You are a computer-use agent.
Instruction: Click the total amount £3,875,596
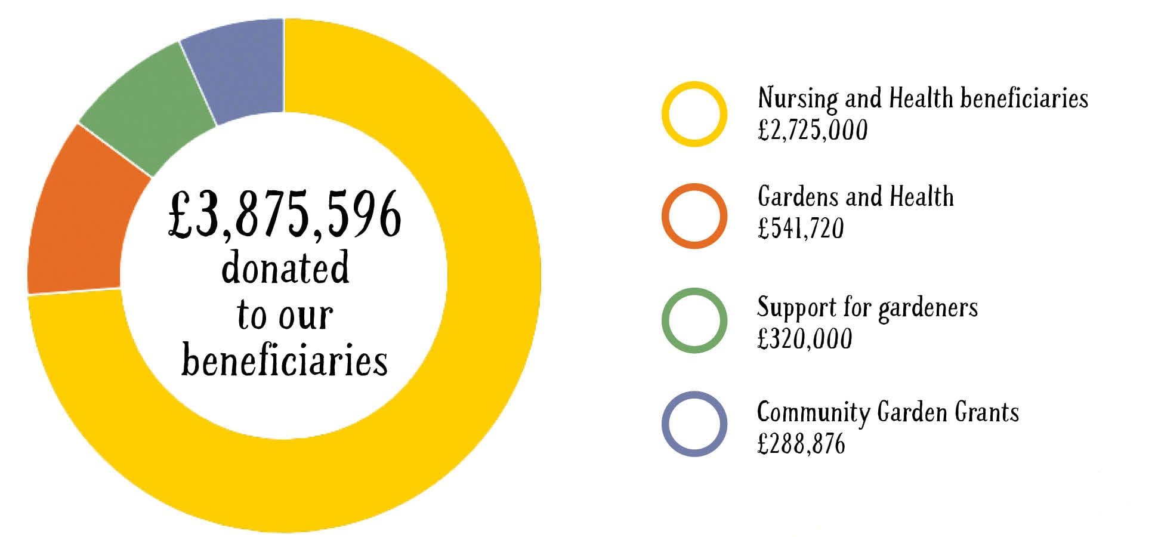tap(285, 215)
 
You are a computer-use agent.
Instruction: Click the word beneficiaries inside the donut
tap(285, 360)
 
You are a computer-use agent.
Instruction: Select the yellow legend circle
tap(694, 114)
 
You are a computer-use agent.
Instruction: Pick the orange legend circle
tap(694, 216)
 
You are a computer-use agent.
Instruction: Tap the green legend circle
tap(694, 320)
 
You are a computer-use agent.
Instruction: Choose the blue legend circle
tap(694, 424)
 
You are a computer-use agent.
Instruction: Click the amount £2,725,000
tap(813, 130)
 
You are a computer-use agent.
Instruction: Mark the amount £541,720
tap(801, 229)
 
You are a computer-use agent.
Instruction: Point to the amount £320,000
tap(805, 339)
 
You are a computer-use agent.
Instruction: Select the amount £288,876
tap(801, 444)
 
